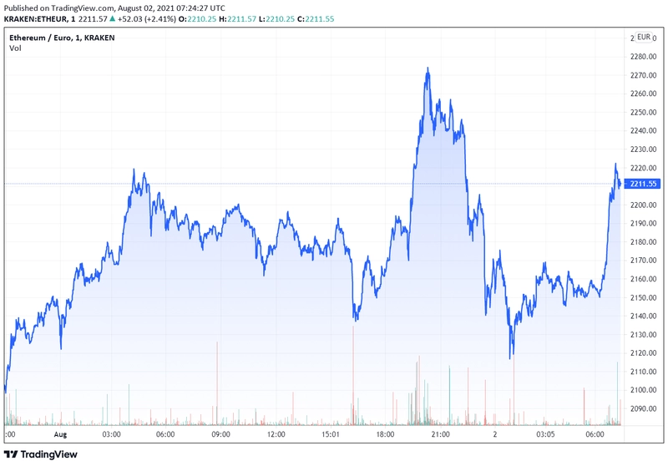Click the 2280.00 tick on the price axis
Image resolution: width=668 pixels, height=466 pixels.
643,57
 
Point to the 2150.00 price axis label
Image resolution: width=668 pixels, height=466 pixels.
643,297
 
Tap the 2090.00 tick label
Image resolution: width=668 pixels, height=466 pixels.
643,408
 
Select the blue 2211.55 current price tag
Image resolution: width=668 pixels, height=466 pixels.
643,184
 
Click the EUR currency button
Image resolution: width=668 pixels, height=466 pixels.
644,37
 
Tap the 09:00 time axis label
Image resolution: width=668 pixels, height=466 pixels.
220,434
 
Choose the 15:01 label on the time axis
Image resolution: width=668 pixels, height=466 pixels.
330,434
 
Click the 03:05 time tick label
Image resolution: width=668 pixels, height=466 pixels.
545,434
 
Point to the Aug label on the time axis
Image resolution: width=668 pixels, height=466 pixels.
60,434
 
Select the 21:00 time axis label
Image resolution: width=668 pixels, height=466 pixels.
440,434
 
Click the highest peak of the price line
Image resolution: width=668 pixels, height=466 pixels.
428,68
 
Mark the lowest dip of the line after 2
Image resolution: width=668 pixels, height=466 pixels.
510,357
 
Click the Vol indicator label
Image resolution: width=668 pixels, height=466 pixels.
15,48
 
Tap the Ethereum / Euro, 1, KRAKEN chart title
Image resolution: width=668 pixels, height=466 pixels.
62,38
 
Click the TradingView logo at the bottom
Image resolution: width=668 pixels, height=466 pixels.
41,454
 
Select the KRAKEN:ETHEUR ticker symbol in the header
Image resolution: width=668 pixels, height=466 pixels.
36,18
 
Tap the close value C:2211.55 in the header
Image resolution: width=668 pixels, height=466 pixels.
316,18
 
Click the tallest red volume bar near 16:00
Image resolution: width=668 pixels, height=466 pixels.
353,376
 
